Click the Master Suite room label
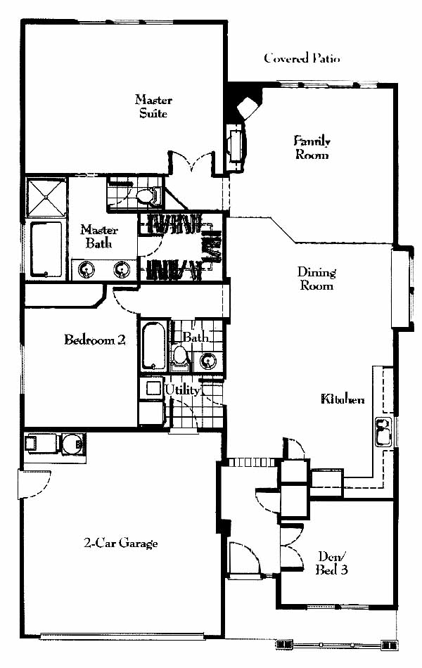click(x=153, y=106)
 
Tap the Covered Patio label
click(x=302, y=58)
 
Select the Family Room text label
click(x=312, y=148)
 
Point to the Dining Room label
click(x=316, y=278)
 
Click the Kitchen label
click(x=343, y=399)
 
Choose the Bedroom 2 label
click(x=95, y=340)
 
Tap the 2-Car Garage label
click(x=121, y=543)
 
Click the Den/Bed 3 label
click(x=332, y=563)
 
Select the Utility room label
click(x=182, y=390)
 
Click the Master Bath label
click(x=99, y=236)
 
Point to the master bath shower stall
click(x=46, y=198)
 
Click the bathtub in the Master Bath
click(x=46, y=250)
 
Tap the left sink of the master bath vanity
click(x=87, y=269)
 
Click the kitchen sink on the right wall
click(x=383, y=432)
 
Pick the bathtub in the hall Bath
click(x=153, y=347)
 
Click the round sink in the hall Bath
click(x=208, y=361)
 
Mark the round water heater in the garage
click(x=73, y=444)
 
